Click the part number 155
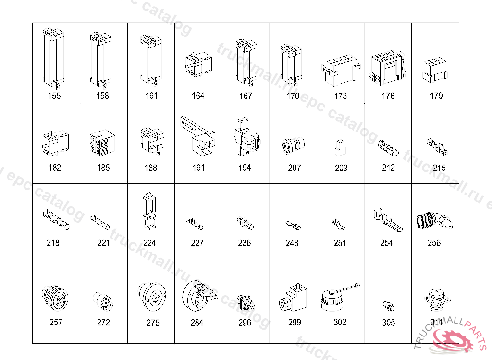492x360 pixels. (x=54, y=96)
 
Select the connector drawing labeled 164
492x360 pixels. (x=197, y=64)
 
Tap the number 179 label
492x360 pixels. (x=436, y=96)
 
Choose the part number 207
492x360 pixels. (x=294, y=168)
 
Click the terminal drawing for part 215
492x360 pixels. (x=437, y=146)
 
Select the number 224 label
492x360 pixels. (x=149, y=243)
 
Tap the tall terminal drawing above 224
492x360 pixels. (x=150, y=212)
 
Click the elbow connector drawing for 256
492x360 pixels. (x=434, y=219)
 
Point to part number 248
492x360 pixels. (x=292, y=243)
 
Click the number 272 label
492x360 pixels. (x=103, y=322)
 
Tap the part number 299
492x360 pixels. (x=295, y=322)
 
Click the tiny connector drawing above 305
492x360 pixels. (x=388, y=305)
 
